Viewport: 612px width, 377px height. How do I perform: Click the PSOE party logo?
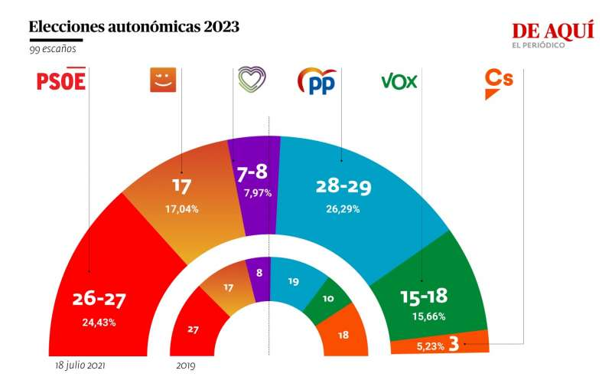61,80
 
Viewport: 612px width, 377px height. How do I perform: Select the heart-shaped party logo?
252,79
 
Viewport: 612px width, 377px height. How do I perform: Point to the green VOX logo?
399,80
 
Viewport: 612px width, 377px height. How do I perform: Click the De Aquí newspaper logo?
552,34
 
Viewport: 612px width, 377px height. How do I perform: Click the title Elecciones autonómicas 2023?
134,27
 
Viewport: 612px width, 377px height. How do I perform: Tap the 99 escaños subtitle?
53,49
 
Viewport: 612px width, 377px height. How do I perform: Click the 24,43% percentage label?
99,322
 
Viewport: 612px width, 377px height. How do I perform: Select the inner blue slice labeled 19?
295,281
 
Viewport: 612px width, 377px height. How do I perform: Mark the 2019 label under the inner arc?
185,366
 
